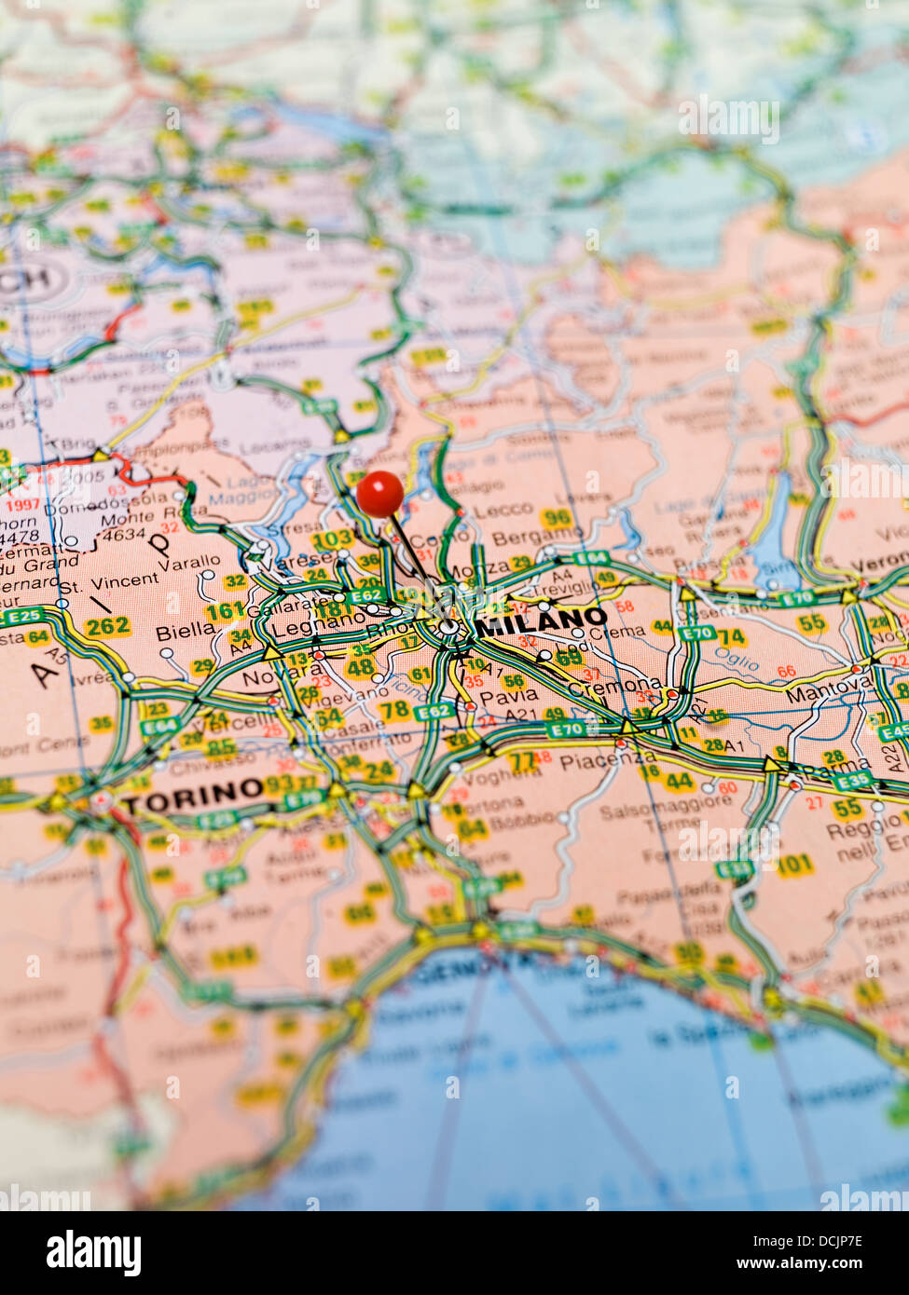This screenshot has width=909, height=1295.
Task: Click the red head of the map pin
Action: [380, 493]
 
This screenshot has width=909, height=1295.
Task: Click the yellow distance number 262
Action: [107, 626]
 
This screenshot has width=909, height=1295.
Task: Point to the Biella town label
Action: [185, 632]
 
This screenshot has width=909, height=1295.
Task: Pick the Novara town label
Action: [270, 676]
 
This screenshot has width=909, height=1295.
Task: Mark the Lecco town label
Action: [503, 511]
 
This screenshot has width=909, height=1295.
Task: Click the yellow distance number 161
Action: [225, 611]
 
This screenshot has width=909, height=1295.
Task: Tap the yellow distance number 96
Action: [557, 518]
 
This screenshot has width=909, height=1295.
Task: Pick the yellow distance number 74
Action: [730, 636]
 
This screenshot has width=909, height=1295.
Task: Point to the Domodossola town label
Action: [92, 508]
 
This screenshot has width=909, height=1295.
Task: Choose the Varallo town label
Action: [189, 564]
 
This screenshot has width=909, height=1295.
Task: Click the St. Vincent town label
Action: [109, 582]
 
